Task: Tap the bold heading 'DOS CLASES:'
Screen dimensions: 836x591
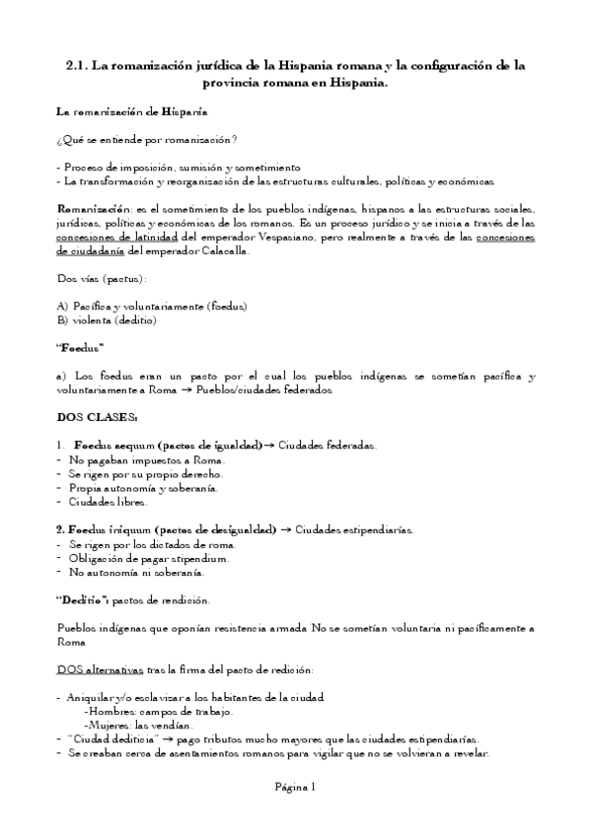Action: pyautogui.click(x=97, y=417)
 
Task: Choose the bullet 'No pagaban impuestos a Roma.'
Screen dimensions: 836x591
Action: pyautogui.click(x=147, y=459)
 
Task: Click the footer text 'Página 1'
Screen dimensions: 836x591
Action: pyautogui.click(x=295, y=787)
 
